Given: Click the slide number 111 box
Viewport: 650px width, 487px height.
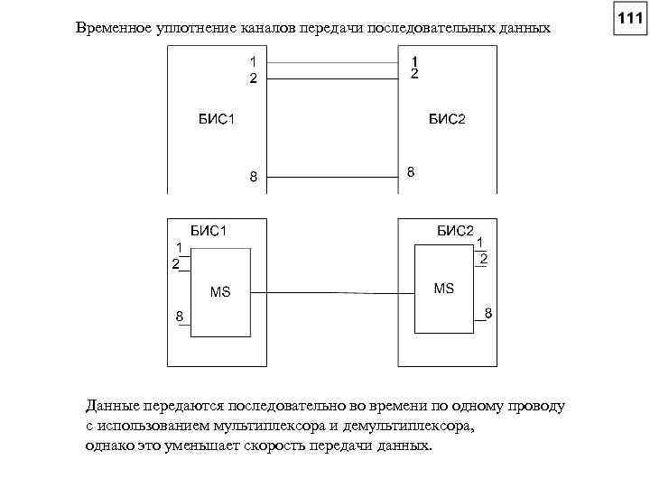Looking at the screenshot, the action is pyautogui.click(x=628, y=19).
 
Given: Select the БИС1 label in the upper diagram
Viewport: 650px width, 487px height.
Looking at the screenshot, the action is pyautogui.click(x=218, y=120).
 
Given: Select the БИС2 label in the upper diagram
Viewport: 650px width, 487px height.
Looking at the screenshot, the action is pyautogui.click(x=447, y=119).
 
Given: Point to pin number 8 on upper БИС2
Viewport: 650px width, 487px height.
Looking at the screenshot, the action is pyautogui.click(x=412, y=171).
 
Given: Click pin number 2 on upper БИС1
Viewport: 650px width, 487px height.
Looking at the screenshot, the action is pyautogui.click(x=254, y=78).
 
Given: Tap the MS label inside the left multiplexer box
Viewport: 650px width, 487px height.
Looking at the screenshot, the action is pyautogui.click(x=220, y=291).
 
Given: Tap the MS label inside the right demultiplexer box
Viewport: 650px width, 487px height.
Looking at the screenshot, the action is pyautogui.click(x=444, y=289).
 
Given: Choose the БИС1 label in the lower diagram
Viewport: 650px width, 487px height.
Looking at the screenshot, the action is pyautogui.click(x=208, y=231).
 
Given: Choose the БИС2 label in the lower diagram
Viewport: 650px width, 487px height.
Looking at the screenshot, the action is pyautogui.click(x=455, y=230).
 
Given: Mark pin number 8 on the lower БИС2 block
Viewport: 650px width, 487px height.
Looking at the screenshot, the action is pyautogui.click(x=487, y=313).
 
